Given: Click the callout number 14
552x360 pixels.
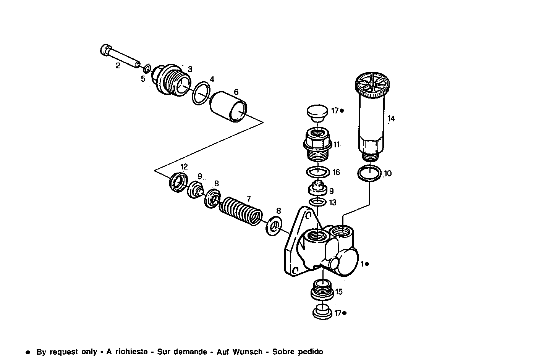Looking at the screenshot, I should (391, 119).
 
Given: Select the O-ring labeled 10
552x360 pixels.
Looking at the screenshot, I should (369, 174).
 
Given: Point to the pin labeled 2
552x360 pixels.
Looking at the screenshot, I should (120, 57).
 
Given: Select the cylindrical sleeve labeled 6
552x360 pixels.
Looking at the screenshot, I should (229, 107).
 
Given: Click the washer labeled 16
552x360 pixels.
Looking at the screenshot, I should (318, 172).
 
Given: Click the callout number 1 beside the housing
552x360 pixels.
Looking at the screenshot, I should (363, 263).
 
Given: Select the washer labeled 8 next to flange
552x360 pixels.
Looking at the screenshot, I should (274, 227).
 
